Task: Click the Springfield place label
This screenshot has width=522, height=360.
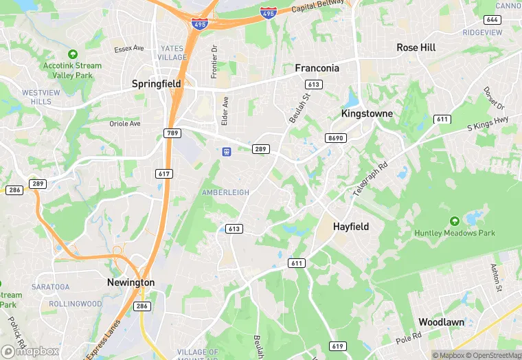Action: point(156,84)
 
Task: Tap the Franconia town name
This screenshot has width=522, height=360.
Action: point(317,68)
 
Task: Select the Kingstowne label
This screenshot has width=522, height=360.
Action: point(367,113)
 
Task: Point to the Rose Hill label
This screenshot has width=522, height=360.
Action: point(416,47)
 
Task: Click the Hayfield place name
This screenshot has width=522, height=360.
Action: point(351,226)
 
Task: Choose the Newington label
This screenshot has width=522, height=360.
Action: point(130,282)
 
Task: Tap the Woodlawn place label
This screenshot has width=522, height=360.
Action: point(442,322)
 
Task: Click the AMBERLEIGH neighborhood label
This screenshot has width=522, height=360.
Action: point(225,193)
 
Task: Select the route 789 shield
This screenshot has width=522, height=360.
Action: point(172,132)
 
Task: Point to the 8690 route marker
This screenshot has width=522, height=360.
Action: point(335,138)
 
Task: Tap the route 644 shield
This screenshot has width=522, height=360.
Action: point(492,19)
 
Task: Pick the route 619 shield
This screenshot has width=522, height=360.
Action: point(337,346)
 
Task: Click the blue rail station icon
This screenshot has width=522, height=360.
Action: point(226,151)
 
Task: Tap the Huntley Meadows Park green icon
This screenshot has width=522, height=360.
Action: point(454,221)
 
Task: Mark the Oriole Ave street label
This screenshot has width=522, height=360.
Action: point(125,124)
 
